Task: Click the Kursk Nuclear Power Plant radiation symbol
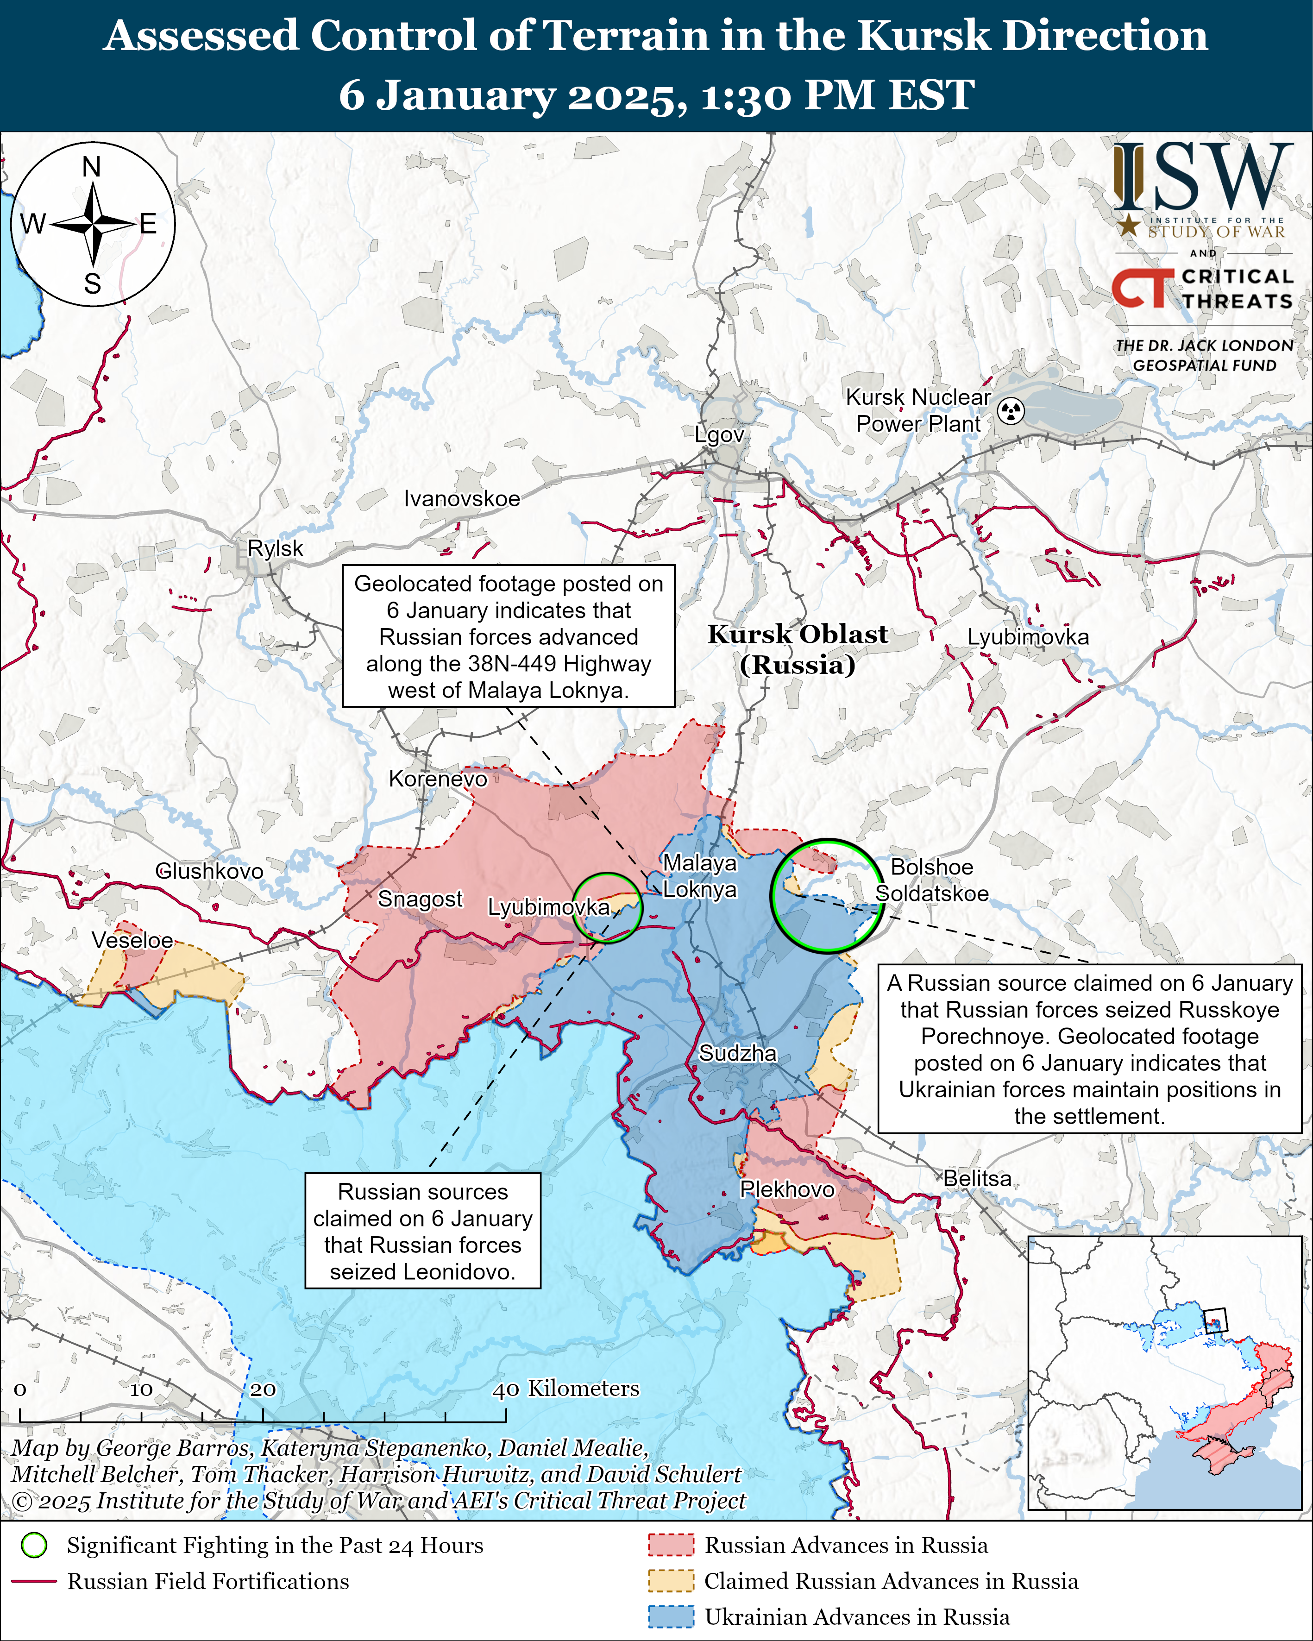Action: pos(1011,411)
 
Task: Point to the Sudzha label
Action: pos(738,1053)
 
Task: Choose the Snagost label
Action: pos(420,899)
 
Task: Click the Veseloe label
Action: pos(132,940)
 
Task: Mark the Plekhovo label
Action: pos(787,1189)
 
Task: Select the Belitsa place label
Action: pos(977,1178)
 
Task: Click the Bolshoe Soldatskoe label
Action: pos(932,880)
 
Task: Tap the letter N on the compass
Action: pos(91,167)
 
